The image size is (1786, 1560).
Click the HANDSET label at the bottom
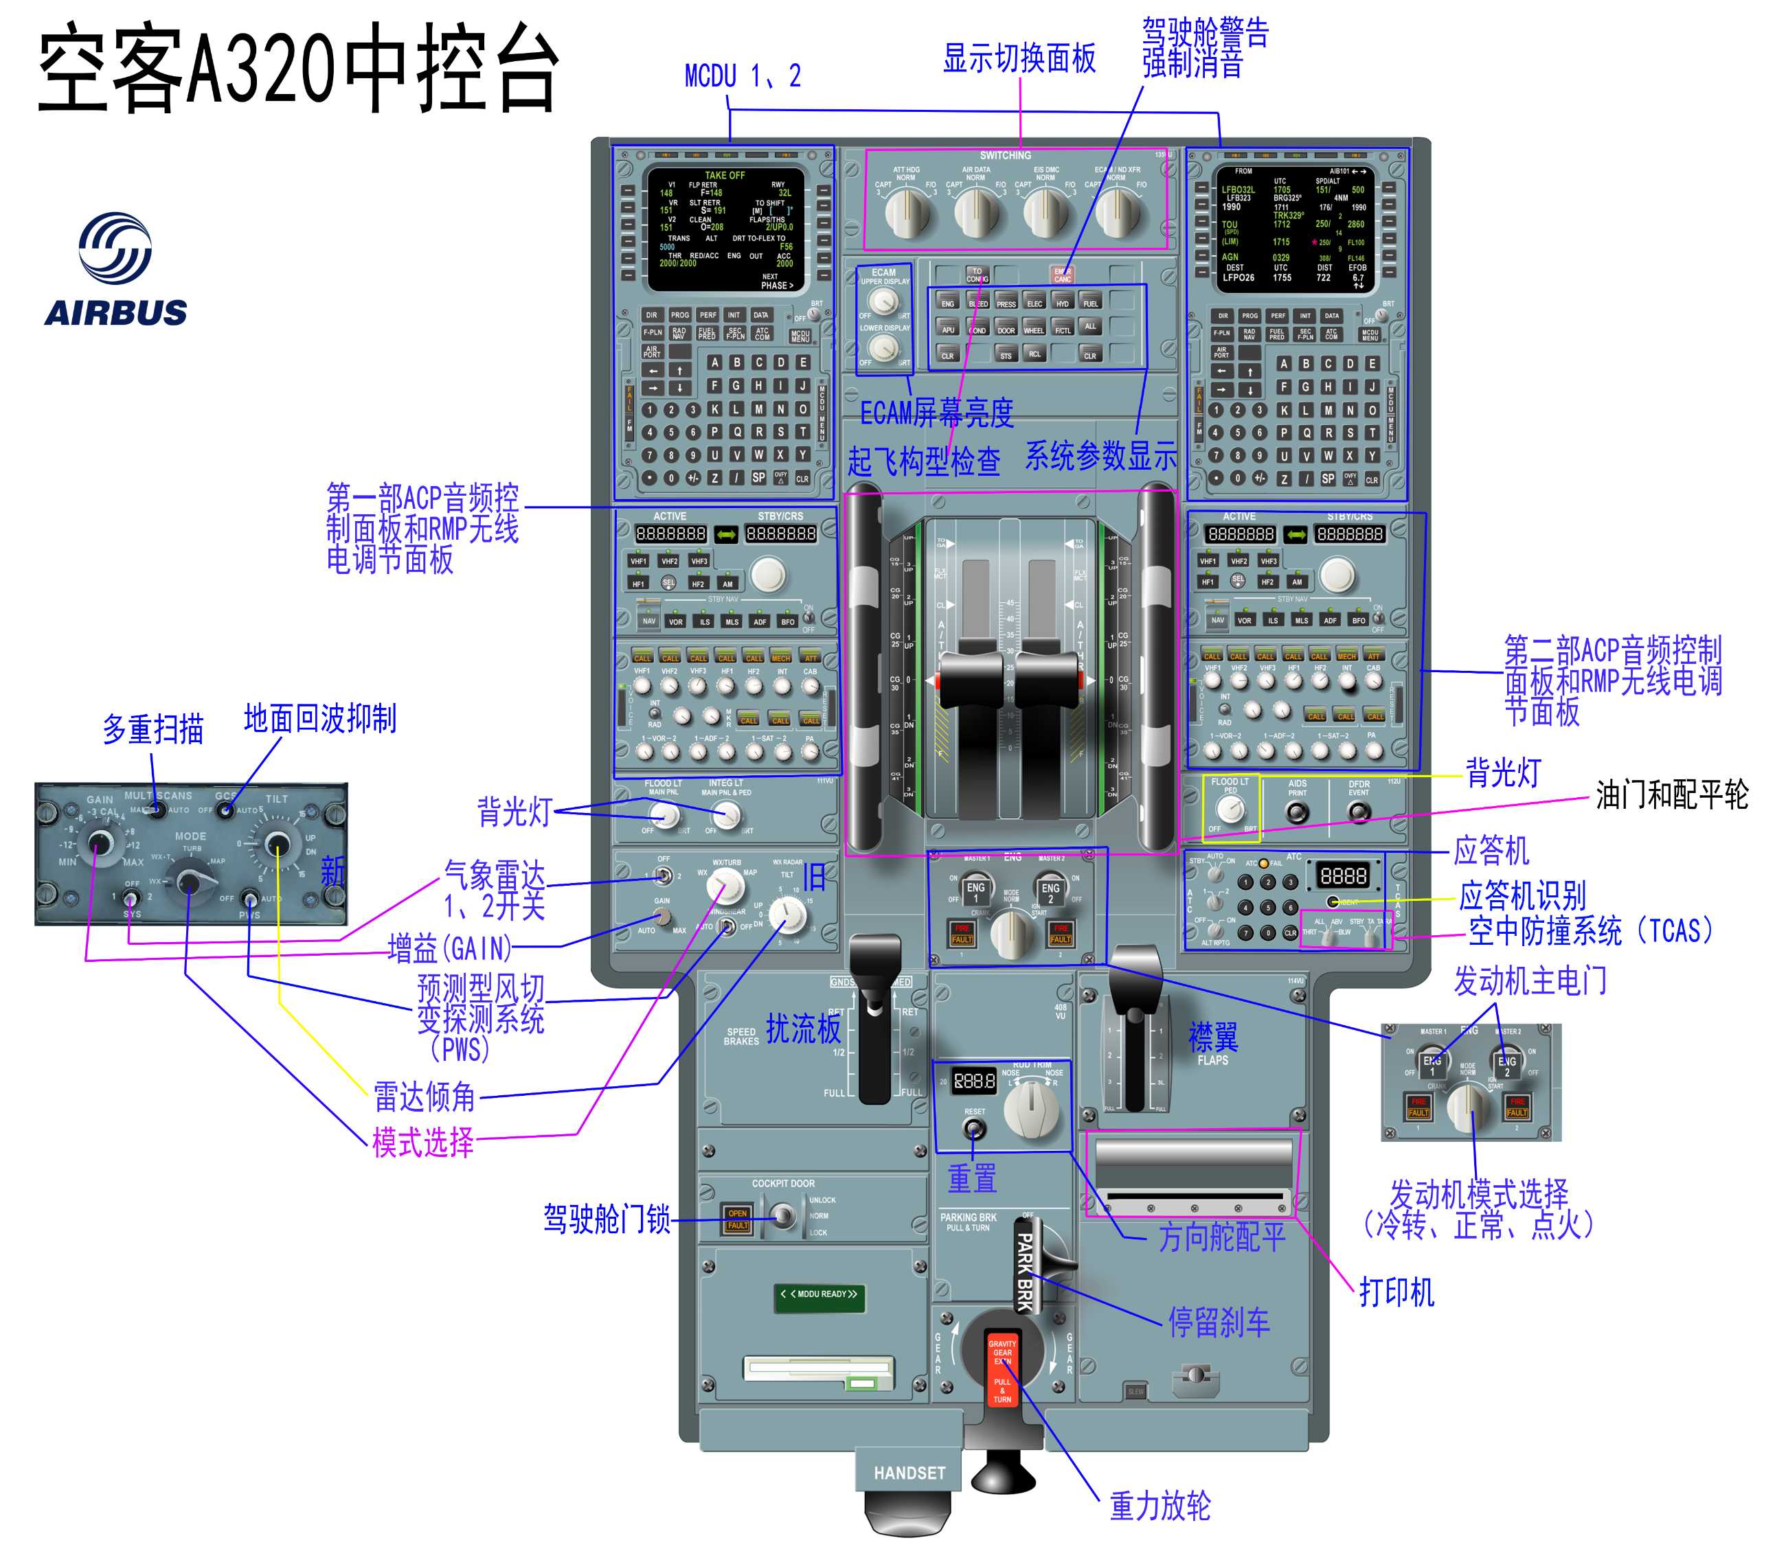tap(909, 1473)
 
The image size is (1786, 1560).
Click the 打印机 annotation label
tap(1397, 1292)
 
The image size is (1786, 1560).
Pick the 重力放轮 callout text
tap(1160, 1505)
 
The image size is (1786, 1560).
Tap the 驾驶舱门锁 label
tap(607, 1219)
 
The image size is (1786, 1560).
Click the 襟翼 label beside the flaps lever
tap(1213, 1037)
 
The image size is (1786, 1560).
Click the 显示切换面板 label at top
tap(1019, 58)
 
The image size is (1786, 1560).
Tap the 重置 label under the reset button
tap(972, 1178)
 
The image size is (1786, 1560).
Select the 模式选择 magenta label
tap(423, 1142)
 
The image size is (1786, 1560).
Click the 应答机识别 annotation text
tap(1522, 895)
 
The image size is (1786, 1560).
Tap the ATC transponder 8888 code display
tap(1344, 875)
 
